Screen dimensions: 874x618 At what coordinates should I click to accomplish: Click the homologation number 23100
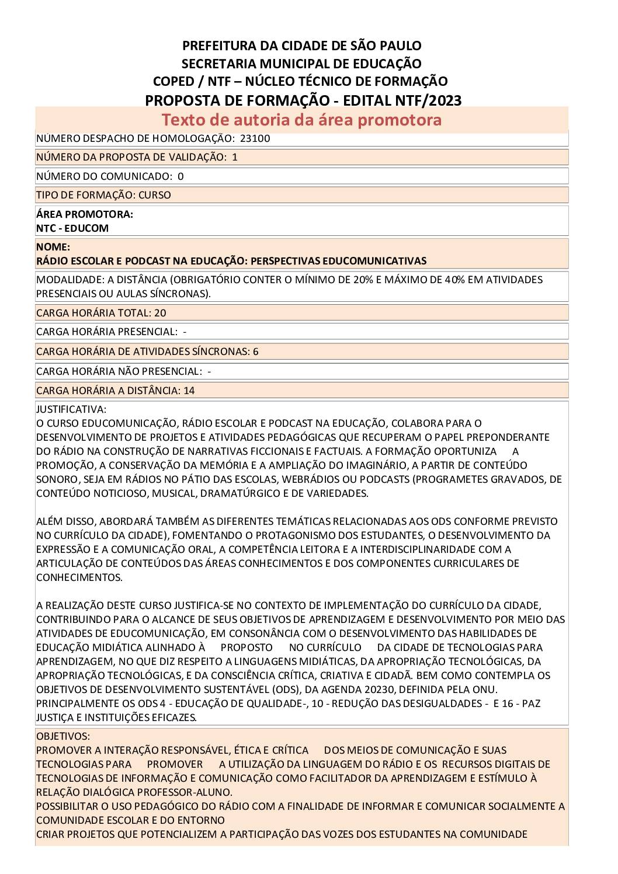click(255, 138)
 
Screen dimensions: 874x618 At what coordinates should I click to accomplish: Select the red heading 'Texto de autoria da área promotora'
click(301, 120)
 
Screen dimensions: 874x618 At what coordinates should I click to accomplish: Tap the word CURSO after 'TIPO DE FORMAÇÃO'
click(155, 195)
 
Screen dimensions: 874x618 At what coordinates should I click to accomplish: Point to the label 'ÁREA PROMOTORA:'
click(85, 214)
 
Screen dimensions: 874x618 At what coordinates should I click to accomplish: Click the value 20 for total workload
click(160, 313)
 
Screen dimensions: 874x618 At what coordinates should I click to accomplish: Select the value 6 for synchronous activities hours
click(256, 351)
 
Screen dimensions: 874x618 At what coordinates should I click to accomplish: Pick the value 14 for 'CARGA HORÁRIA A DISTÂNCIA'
click(189, 391)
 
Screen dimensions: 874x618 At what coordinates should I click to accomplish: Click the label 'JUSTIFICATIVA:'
click(71, 409)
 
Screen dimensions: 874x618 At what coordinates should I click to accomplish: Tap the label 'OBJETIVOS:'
click(63, 736)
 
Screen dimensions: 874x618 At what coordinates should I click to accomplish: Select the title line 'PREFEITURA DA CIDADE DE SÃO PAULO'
click(302, 46)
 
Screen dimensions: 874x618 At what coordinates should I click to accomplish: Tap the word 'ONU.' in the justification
click(485, 690)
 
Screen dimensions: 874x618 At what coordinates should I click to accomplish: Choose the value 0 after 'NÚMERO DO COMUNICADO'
click(180, 176)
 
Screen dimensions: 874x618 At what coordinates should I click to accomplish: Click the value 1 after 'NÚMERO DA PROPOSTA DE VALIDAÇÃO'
click(235, 157)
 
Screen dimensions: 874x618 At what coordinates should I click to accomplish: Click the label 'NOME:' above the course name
click(53, 247)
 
